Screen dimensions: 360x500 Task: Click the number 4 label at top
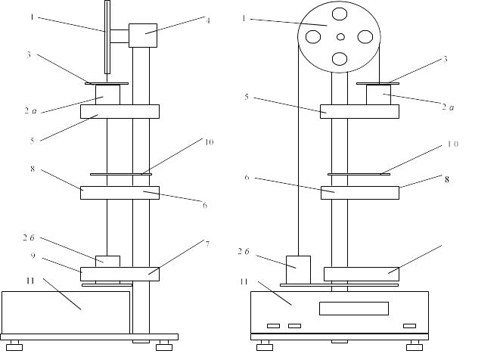[207, 20]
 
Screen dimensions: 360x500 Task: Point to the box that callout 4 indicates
[143, 35]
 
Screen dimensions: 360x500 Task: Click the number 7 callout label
[207, 244]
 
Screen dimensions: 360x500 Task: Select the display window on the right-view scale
[353, 309]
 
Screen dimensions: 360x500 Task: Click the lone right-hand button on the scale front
[409, 326]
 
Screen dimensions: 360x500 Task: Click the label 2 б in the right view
[244, 250]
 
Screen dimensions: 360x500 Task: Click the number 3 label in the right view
[446, 58]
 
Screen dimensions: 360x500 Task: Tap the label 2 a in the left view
[30, 111]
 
